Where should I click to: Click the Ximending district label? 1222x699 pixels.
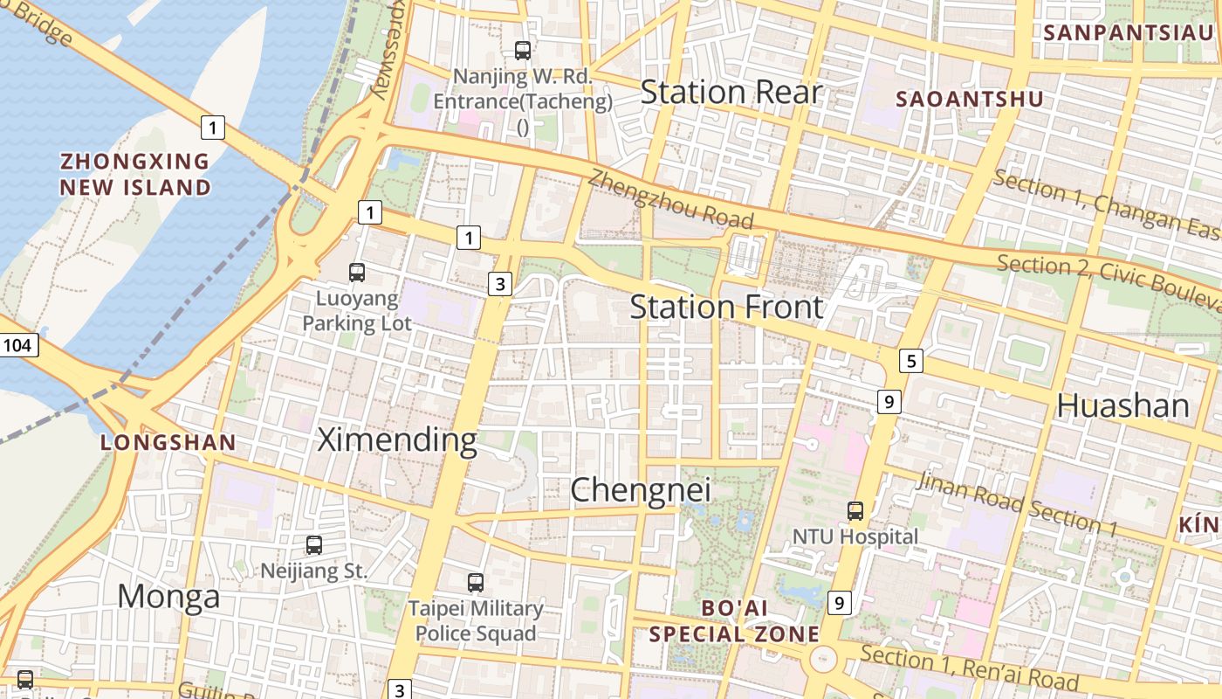(x=397, y=439)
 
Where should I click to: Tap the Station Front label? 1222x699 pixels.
(x=726, y=308)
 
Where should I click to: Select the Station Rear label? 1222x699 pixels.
(x=731, y=93)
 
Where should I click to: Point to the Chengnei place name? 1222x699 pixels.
(x=640, y=490)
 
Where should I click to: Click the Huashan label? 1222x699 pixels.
(x=1122, y=406)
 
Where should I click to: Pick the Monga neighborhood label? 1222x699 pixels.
(x=168, y=597)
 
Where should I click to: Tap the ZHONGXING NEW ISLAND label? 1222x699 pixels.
(x=135, y=174)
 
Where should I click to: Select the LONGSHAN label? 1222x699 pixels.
(x=168, y=442)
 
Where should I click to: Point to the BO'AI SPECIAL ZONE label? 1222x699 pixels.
(x=734, y=620)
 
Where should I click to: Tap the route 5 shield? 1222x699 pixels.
(x=911, y=360)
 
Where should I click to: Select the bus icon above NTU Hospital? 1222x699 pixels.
(x=855, y=511)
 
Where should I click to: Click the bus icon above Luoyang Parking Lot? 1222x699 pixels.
(x=357, y=272)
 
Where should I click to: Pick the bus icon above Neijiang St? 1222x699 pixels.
(x=314, y=545)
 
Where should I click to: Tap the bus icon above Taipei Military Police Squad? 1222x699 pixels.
(x=476, y=582)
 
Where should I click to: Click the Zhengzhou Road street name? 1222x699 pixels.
(x=669, y=198)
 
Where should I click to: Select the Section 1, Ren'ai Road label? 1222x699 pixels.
(x=969, y=668)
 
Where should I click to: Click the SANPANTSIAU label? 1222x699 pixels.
(x=1129, y=33)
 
